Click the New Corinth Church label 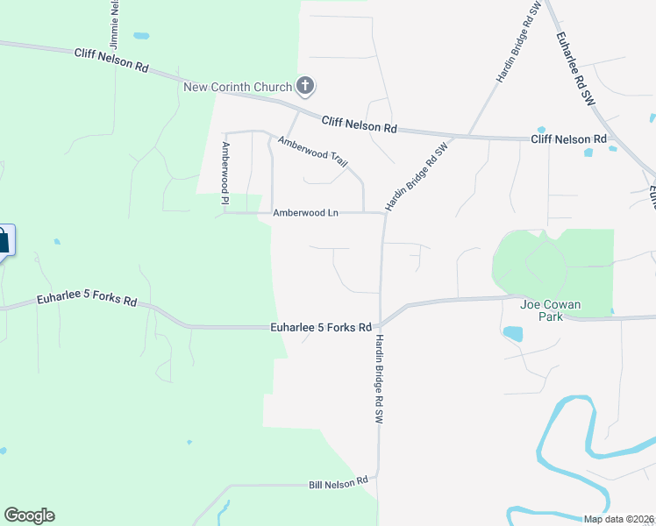point(237,87)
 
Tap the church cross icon point(305,85)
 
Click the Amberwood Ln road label point(305,213)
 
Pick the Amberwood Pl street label point(225,174)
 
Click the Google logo point(29,515)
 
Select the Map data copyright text point(619,519)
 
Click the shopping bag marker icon point(3,239)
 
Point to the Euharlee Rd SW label point(575,69)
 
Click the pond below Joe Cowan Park point(513,333)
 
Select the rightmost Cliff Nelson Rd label point(569,139)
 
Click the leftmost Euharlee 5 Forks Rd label point(87,301)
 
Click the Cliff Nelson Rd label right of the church point(360,125)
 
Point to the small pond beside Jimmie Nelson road point(141,37)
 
